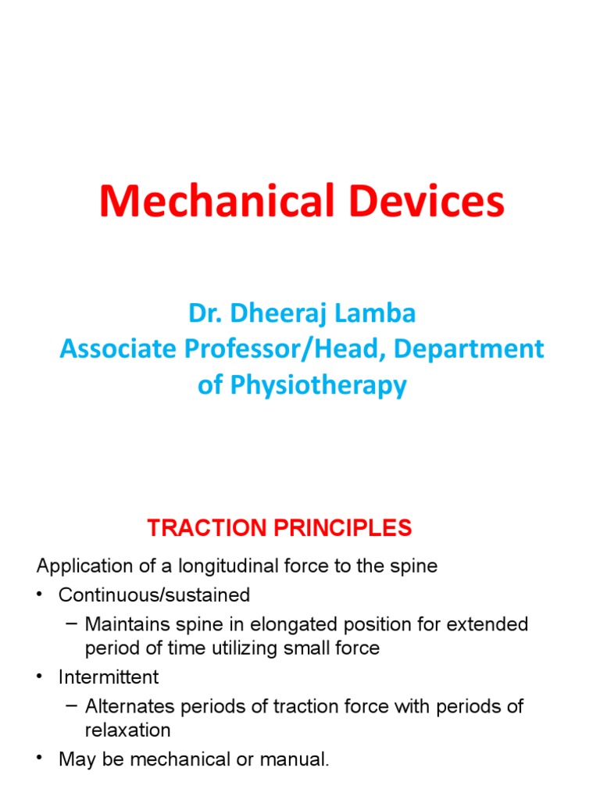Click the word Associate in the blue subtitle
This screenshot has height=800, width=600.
pyautogui.click(x=114, y=349)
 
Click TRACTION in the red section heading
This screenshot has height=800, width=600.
pyautogui.click(x=202, y=529)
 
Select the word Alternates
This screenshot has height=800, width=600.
pyautogui.click(x=130, y=706)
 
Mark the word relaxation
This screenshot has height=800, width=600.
pyautogui.click(x=127, y=730)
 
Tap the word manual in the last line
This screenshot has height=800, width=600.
pyautogui.click(x=299, y=759)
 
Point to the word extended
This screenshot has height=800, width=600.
pyautogui.click(x=489, y=625)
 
